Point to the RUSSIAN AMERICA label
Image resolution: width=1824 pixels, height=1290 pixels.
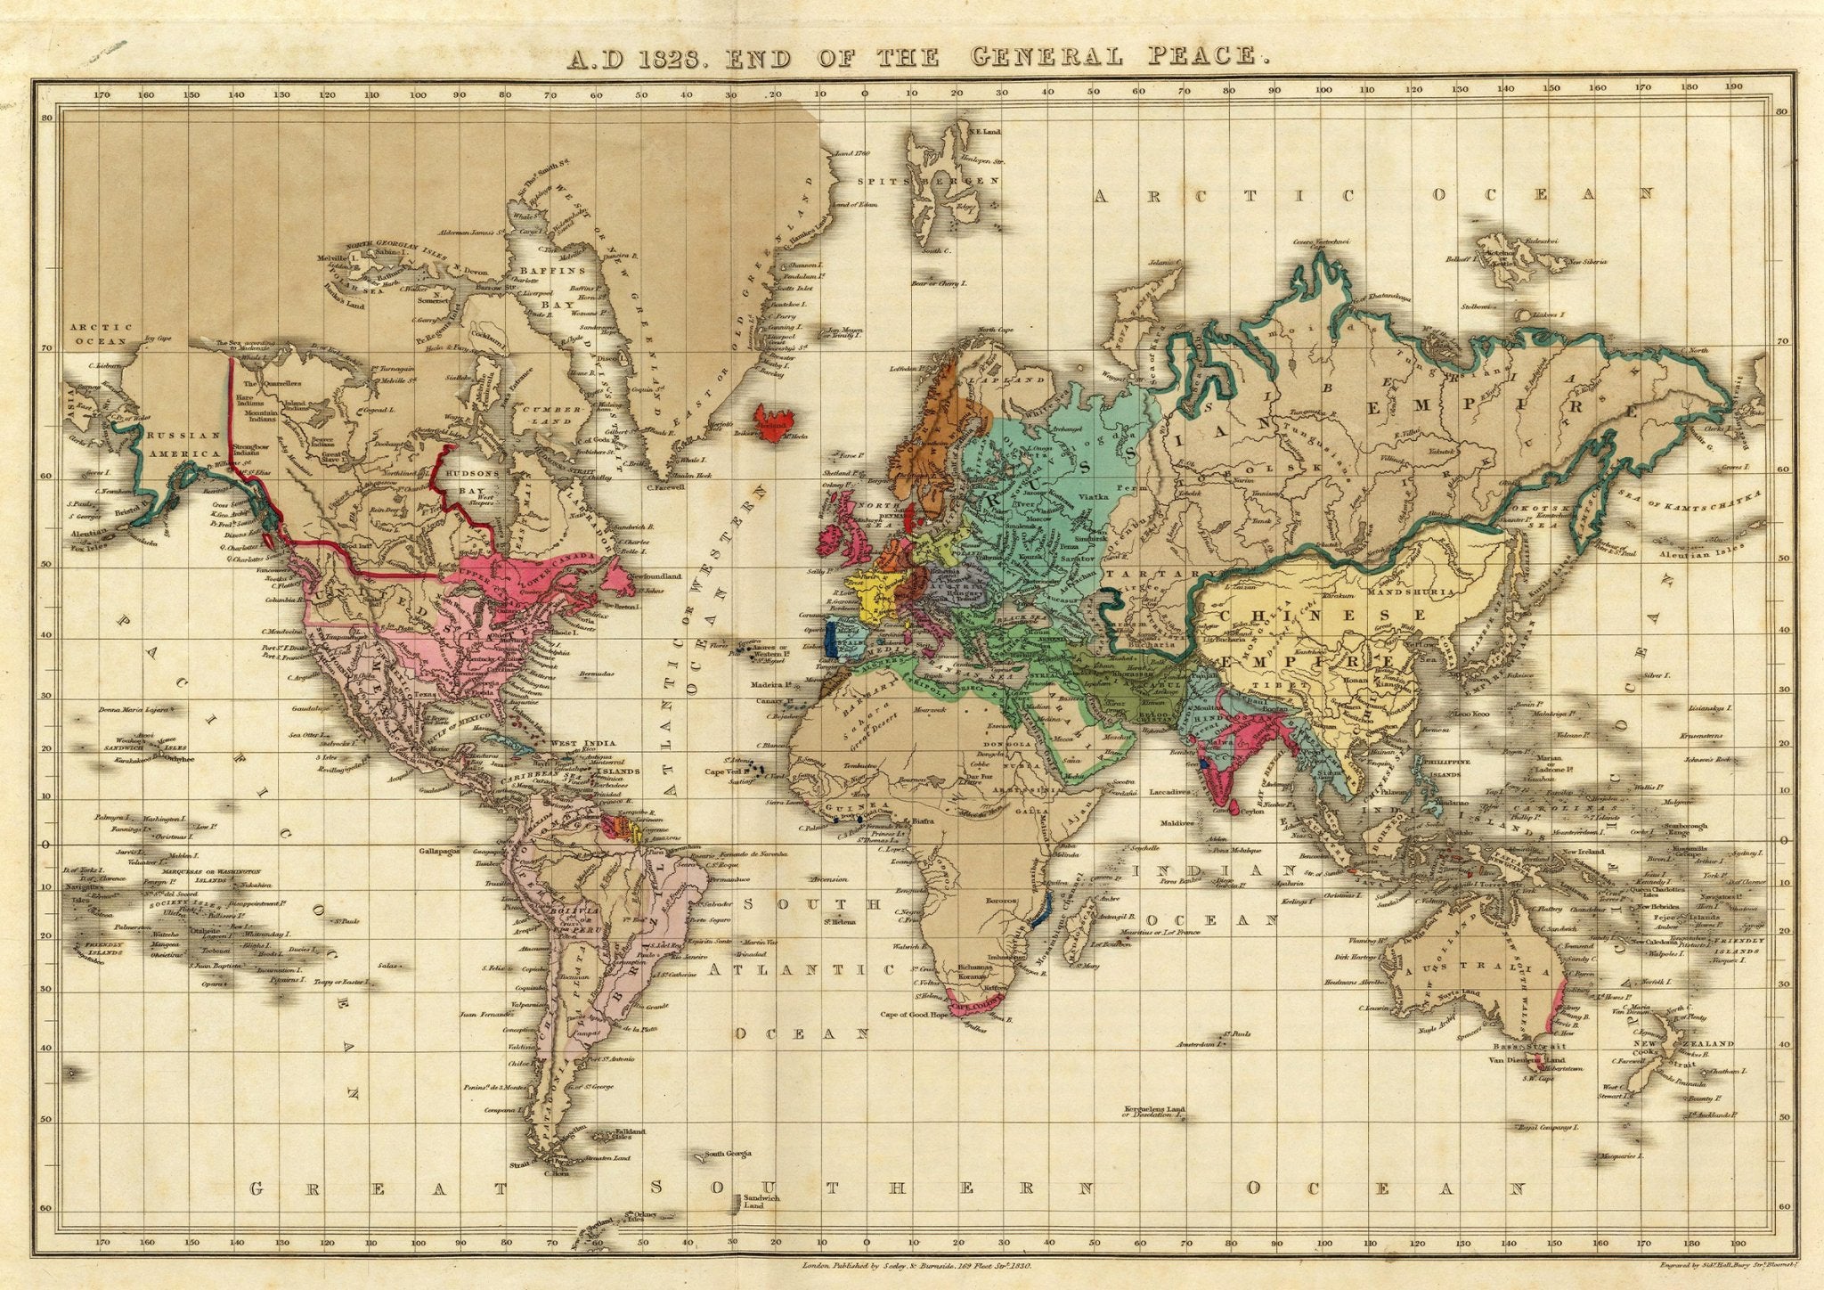(184, 444)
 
